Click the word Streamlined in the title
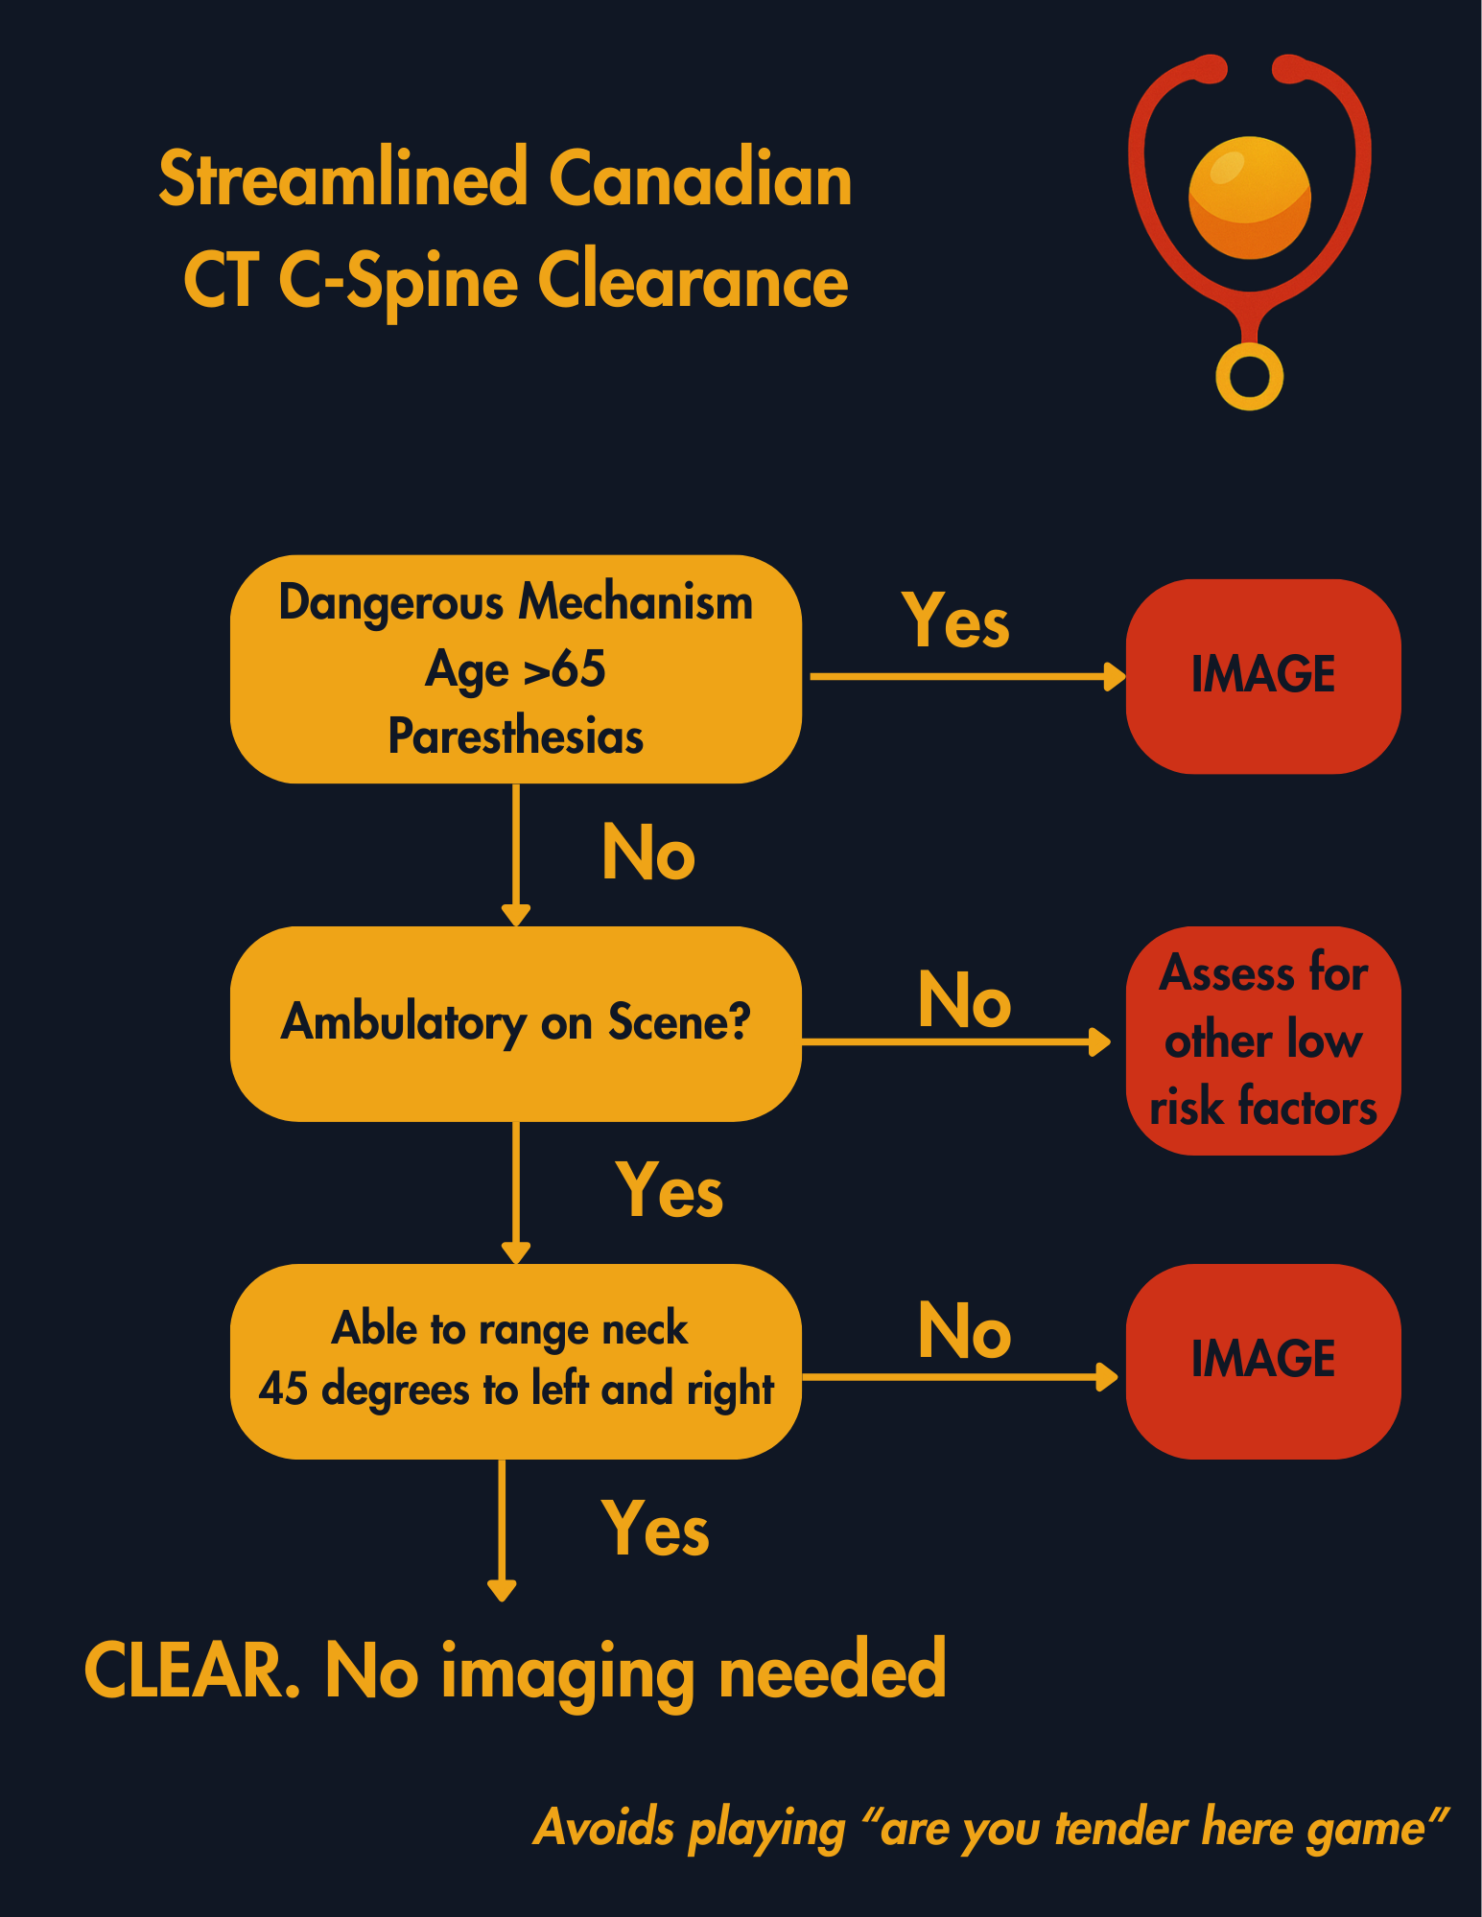tap(342, 179)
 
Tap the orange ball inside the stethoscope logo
tap(1249, 198)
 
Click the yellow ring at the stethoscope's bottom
tap(1249, 377)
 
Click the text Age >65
tap(515, 668)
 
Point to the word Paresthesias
tap(515, 736)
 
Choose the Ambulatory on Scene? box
tap(515, 1023)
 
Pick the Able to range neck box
tap(515, 1361)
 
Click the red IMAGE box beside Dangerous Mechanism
tap(1262, 675)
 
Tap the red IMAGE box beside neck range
tap(1262, 1360)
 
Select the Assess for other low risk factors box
tap(1262, 1040)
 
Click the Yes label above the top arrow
tap(955, 621)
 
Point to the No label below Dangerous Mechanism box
tap(648, 853)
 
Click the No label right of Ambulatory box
tap(964, 1000)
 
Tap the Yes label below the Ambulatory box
tap(669, 1190)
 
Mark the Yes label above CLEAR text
tap(655, 1529)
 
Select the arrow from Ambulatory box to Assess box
tap(955, 1041)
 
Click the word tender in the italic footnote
tap(1121, 1828)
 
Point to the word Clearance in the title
tap(693, 282)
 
